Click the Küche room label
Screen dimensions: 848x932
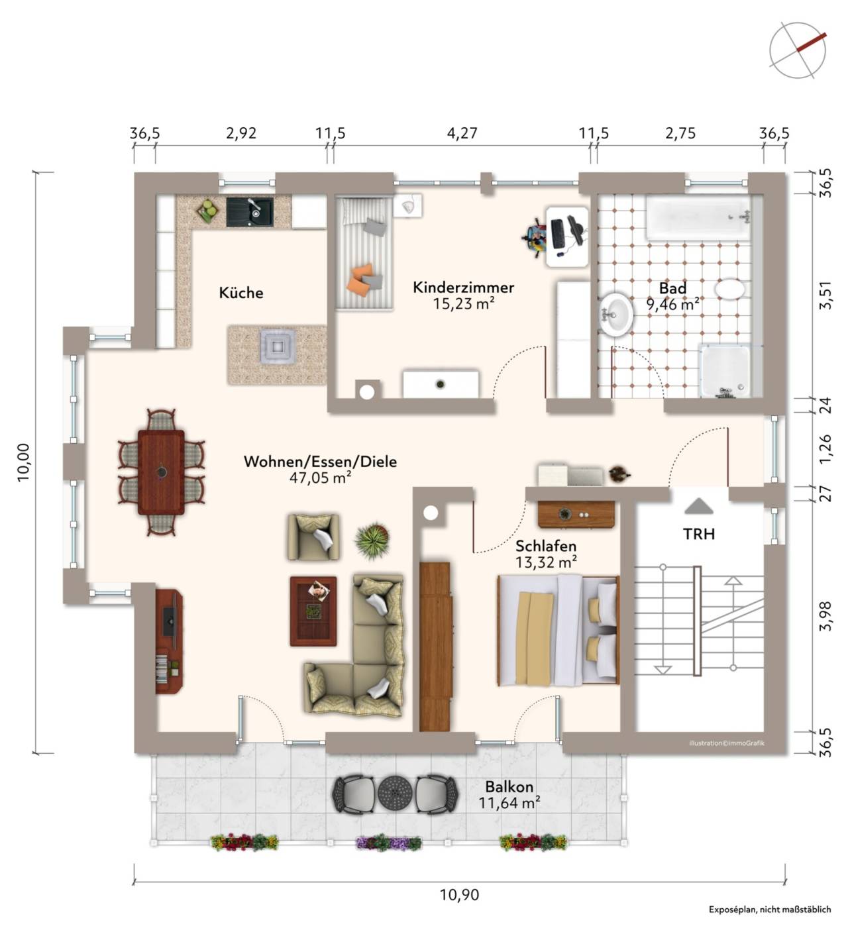pos(240,293)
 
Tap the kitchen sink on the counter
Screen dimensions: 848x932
pos(250,213)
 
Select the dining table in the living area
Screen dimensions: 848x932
pos(161,472)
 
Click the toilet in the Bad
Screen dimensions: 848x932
pos(729,289)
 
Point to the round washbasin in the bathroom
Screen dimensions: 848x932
pos(615,315)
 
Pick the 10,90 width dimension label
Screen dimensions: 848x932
pos(459,895)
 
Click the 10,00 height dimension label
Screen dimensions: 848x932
pos(24,462)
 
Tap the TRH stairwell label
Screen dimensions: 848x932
pos(699,535)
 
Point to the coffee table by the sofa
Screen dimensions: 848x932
pos(313,611)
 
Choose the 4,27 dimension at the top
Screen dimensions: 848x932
pos(462,133)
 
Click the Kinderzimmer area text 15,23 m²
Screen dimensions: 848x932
pos(463,304)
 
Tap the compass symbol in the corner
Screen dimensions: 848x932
pos(798,50)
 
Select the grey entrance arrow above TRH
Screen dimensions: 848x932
pos(699,506)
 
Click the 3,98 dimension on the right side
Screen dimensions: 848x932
pos(825,616)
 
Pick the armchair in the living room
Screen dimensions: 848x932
pos(313,537)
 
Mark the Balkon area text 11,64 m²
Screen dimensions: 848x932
pos(509,803)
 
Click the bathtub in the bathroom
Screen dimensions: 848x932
pos(698,218)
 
